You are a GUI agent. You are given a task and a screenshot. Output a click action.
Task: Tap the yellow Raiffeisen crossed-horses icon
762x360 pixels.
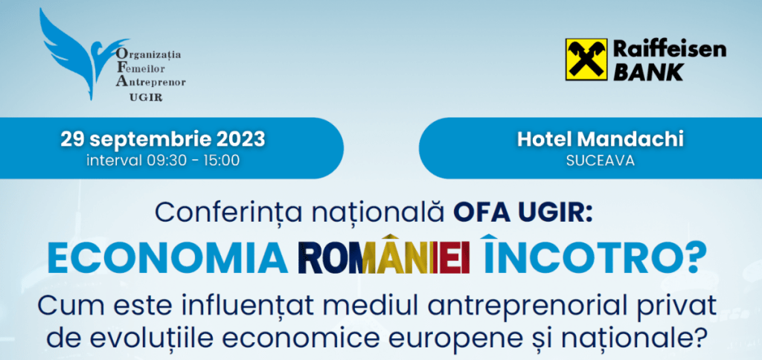pos(586,60)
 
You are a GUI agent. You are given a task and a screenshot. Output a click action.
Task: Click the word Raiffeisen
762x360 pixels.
pos(670,50)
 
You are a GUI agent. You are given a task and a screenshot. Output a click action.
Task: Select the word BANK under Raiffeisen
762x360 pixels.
pos(648,72)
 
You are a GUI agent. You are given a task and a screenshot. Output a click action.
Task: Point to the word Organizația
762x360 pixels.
pos(148,55)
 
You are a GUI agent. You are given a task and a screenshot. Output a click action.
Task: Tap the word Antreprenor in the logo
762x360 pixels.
pos(150,82)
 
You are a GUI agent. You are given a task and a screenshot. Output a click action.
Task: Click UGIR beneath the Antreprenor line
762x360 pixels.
pos(146,97)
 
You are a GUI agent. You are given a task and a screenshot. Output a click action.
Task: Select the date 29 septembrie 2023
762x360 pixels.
pos(163,139)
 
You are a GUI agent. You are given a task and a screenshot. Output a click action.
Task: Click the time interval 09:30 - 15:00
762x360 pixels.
pos(163,161)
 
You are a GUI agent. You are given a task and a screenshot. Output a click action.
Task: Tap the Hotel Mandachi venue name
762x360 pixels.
pos(601,139)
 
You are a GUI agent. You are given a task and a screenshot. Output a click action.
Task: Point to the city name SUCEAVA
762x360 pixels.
pos(601,161)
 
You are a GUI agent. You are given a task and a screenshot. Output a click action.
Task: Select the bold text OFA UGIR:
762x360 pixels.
pos(523,211)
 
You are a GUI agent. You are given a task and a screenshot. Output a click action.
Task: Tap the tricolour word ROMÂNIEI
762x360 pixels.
pos(385,255)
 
